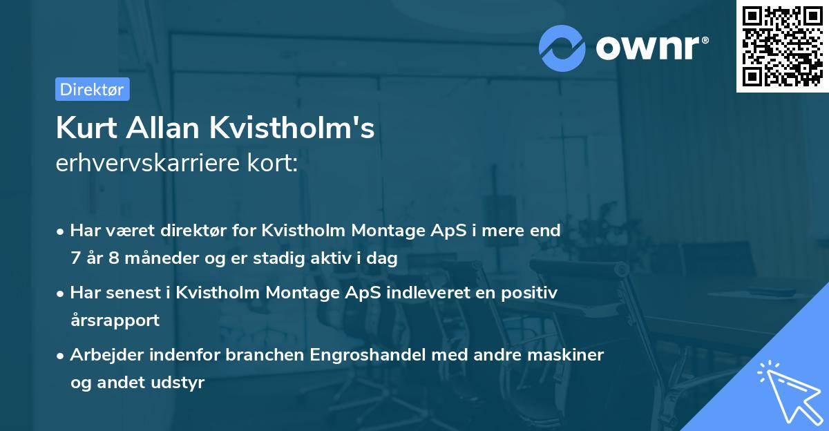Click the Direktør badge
[92, 89]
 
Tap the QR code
[781, 47]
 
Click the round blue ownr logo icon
[562, 48]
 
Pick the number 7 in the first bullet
[75, 259]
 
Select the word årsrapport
[115, 320]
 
